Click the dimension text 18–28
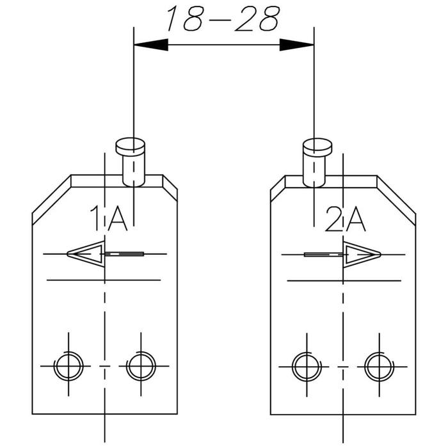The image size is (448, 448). [223, 19]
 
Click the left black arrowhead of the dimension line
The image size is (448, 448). [151, 45]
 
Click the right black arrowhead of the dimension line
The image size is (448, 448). [296, 45]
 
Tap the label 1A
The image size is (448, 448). [109, 218]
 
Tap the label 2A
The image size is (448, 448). [346, 219]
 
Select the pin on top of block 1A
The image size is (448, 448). [131, 163]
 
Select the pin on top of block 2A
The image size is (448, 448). [317, 163]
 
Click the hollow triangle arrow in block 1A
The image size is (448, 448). [86, 253]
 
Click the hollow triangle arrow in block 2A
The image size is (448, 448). [362, 254]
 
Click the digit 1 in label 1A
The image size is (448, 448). [96, 218]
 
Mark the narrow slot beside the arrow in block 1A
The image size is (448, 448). [124, 253]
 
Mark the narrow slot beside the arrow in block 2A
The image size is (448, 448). [324, 254]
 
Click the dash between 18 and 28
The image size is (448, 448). [221, 20]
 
